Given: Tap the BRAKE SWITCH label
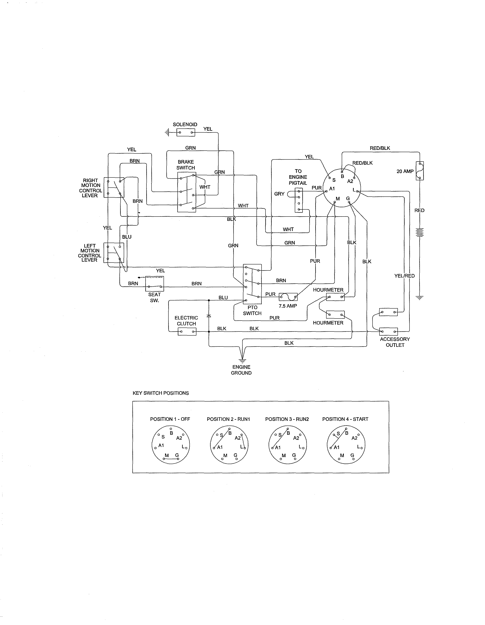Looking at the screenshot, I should tap(186, 165).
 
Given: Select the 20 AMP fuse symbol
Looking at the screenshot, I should tap(419, 171).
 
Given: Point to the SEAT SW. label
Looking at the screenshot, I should tap(155, 297).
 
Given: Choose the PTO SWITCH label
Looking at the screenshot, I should tap(252, 310).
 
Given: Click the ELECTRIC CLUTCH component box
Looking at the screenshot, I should tap(187, 332).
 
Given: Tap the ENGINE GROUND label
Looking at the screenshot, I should tap(241, 370).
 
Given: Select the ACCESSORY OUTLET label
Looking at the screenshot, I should tap(395, 342).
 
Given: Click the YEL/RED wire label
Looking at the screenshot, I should tap(404, 276).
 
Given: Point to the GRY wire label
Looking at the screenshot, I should tap(279, 194).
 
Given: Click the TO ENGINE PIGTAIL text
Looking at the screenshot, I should tap(298, 177).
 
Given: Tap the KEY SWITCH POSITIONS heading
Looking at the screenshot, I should tap(161, 393).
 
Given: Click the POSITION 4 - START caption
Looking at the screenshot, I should tap(345, 419).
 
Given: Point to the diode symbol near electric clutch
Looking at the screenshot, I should tap(209, 316).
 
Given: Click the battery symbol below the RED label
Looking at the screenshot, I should tap(419, 232).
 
